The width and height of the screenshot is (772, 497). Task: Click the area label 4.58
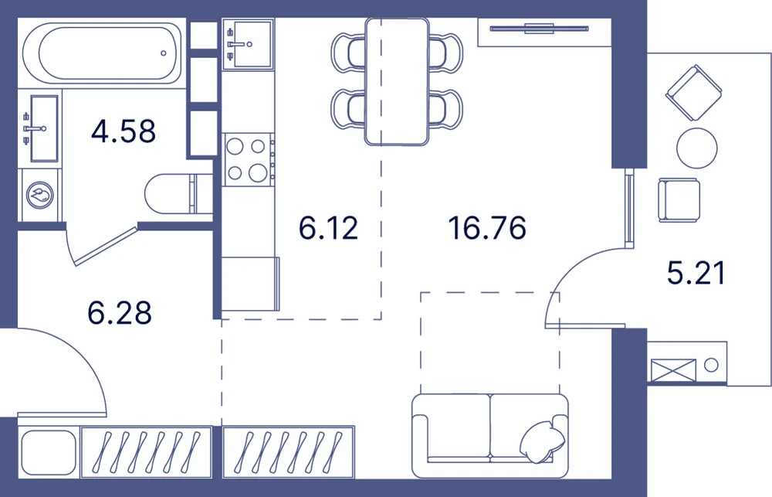click(x=124, y=131)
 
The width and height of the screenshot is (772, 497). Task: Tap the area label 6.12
click(x=328, y=228)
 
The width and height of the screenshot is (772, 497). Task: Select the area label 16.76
click(x=487, y=228)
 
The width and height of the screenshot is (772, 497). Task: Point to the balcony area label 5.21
click(x=696, y=273)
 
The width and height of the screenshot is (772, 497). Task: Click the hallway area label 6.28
click(x=120, y=312)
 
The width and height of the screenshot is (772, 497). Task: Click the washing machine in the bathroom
click(x=40, y=196)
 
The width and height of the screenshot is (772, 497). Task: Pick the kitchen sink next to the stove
click(x=248, y=44)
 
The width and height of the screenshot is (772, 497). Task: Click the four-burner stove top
click(x=248, y=160)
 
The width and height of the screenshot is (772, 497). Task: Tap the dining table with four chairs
click(x=397, y=82)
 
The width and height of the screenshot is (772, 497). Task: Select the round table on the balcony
click(x=696, y=148)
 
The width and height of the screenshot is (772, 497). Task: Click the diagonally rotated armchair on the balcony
click(x=694, y=94)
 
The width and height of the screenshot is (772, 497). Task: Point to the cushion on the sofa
click(x=542, y=442)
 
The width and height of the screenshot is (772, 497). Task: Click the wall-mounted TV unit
click(x=539, y=29)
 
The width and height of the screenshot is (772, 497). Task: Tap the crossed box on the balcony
click(x=673, y=370)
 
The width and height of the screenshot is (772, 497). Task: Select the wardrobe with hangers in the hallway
click(x=146, y=451)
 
